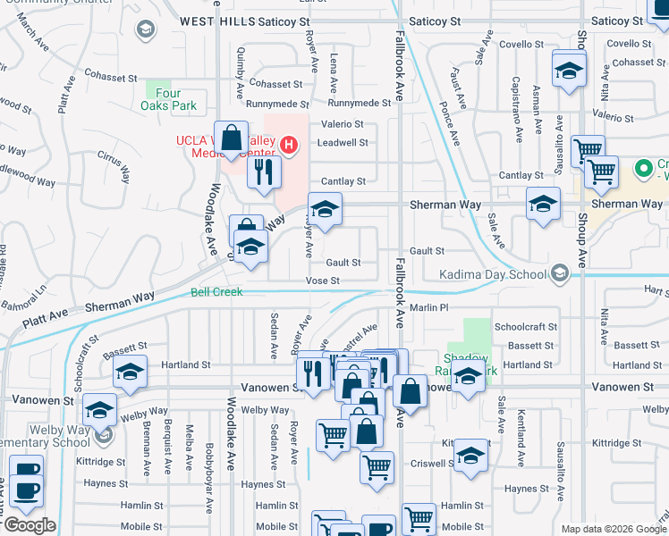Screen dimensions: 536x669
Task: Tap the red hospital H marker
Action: [x=289, y=144]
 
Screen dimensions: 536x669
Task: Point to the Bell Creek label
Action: [x=216, y=292]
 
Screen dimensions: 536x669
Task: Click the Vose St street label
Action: [x=323, y=281]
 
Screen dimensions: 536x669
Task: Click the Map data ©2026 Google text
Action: [x=613, y=529]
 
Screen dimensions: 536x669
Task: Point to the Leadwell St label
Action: [x=343, y=143]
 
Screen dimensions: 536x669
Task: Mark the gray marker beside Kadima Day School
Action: [x=560, y=272]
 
